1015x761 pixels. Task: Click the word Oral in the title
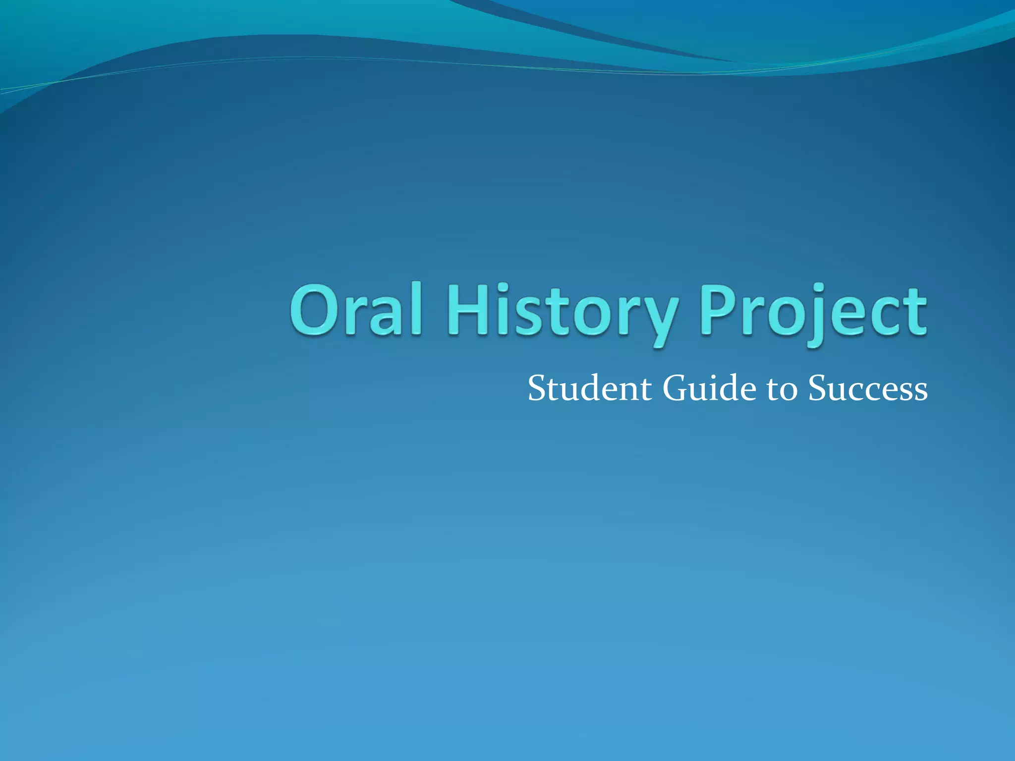coord(356,310)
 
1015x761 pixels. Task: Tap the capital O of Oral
coord(316,310)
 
